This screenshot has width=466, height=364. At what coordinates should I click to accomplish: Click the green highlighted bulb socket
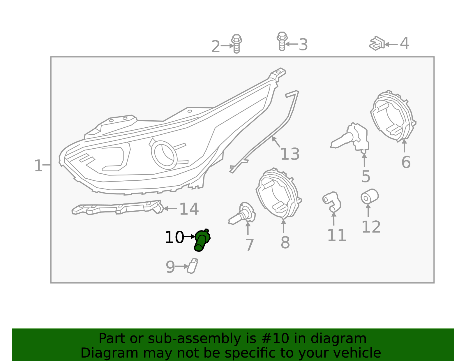point(202,240)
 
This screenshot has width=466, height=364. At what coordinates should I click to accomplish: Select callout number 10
point(174,237)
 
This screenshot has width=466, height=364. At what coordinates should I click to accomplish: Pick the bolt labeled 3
point(282,41)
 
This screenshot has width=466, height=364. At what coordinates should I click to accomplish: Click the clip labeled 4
point(377,44)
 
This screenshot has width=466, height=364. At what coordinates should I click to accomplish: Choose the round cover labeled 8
point(278,194)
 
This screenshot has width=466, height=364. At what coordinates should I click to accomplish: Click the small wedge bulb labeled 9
point(192,266)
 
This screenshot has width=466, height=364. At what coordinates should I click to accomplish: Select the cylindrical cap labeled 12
point(369,196)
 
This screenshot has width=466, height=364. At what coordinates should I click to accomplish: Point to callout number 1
point(38,166)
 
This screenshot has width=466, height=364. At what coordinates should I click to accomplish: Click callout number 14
point(189,209)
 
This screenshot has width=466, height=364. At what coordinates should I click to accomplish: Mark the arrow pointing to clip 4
point(391,45)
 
